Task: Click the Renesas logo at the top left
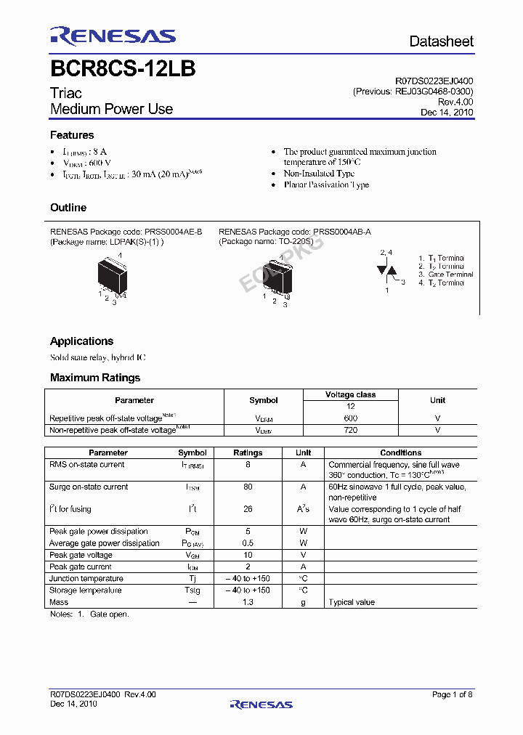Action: [x=113, y=36]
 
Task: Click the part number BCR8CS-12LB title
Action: [x=122, y=69]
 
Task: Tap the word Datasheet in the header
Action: [x=441, y=41]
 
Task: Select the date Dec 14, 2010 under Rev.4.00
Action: [x=447, y=113]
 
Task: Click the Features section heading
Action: [x=72, y=135]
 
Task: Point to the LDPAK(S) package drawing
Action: [x=113, y=277]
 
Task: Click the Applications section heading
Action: [x=81, y=341]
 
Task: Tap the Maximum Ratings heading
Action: [x=95, y=378]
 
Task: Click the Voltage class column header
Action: [x=350, y=395]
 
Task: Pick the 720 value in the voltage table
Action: [x=350, y=430]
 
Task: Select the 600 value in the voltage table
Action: [x=350, y=418]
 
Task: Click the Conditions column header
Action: [x=400, y=452]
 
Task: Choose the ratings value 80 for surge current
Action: [x=248, y=487]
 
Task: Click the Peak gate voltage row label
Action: [x=81, y=555]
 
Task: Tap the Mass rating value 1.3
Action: [x=248, y=602]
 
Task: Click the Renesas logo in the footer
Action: [x=261, y=704]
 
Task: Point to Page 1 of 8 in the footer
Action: [x=452, y=695]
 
